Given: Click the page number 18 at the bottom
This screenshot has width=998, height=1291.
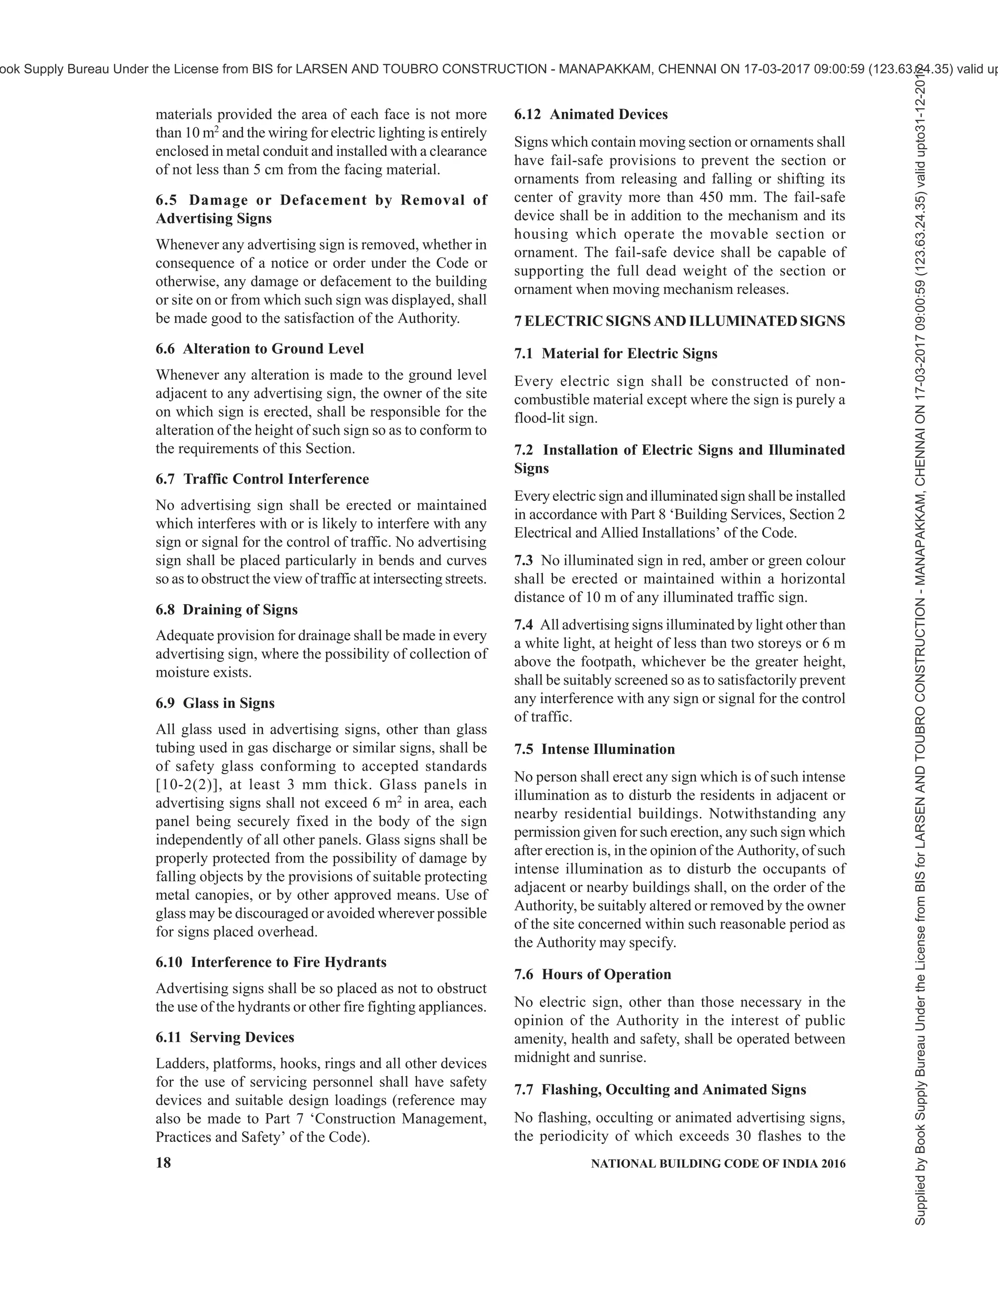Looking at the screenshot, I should pyautogui.click(x=163, y=1163).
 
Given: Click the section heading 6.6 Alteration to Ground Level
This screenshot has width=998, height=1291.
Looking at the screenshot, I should pyautogui.click(x=260, y=349).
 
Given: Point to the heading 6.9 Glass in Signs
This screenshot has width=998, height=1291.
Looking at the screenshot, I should pyautogui.click(x=215, y=703).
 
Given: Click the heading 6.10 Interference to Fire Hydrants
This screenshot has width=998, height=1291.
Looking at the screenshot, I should pyautogui.click(x=271, y=962).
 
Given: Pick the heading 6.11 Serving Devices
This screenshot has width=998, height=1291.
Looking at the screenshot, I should pyautogui.click(x=225, y=1037).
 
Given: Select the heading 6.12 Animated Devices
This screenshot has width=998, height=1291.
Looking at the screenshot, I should pyautogui.click(x=591, y=114).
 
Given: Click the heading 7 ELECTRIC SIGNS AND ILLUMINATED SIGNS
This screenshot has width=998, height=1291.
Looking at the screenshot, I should pyautogui.click(x=679, y=322).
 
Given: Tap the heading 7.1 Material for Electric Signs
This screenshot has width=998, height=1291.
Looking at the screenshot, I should pyautogui.click(x=615, y=354).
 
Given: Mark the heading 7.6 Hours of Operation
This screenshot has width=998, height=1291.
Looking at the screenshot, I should pyautogui.click(x=593, y=974).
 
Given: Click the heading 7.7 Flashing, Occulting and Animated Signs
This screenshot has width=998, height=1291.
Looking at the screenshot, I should pyautogui.click(x=660, y=1089).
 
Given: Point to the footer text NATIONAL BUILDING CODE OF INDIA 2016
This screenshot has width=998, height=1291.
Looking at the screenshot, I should pyautogui.click(x=718, y=1164).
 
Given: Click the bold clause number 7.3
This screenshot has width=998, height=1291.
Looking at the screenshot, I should pyautogui.click(x=523, y=560).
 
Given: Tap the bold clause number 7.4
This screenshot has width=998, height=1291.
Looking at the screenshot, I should pyautogui.click(x=523, y=625).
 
